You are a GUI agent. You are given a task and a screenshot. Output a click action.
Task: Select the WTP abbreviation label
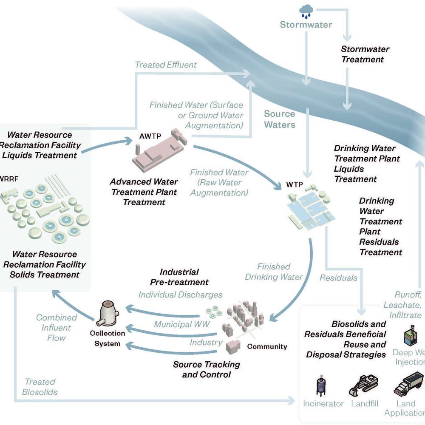pyautogui.click(x=295, y=185)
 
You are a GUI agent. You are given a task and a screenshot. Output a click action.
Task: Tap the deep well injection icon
pyautogui.click(x=410, y=335)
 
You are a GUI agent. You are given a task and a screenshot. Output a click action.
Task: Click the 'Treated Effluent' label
pyautogui.click(x=166, y=65)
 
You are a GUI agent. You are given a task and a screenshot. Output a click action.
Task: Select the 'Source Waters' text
pyautogui.click(x=279, y=119)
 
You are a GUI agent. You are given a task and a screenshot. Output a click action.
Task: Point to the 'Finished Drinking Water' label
pyautogui.click(x=274, y=272)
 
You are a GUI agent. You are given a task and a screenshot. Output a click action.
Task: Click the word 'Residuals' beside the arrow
pyautogui.click(x=338, y=278)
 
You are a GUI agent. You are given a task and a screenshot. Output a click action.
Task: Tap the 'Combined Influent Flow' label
pyautogui.click(x=56, y=328)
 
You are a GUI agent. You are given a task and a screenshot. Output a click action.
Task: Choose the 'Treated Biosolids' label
pyautogui.click(x=40, y=387)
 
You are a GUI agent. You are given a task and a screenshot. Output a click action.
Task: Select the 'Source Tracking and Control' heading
pyautogui.click(x=207, y=369)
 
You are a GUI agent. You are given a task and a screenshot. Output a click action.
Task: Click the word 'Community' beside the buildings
pyautogui.click(x=267, y=346)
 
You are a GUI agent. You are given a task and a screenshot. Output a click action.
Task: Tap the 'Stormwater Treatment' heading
pyautogui.click(x=365, y=54)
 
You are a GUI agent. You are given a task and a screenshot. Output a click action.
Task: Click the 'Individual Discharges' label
pyautogui.click(x=180, y=295)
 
